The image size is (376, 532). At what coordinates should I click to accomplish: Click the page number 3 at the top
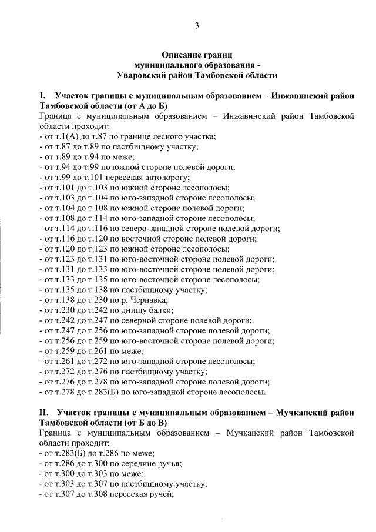coord(197,25)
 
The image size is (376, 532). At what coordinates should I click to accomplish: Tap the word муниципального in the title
coord(170,65)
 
